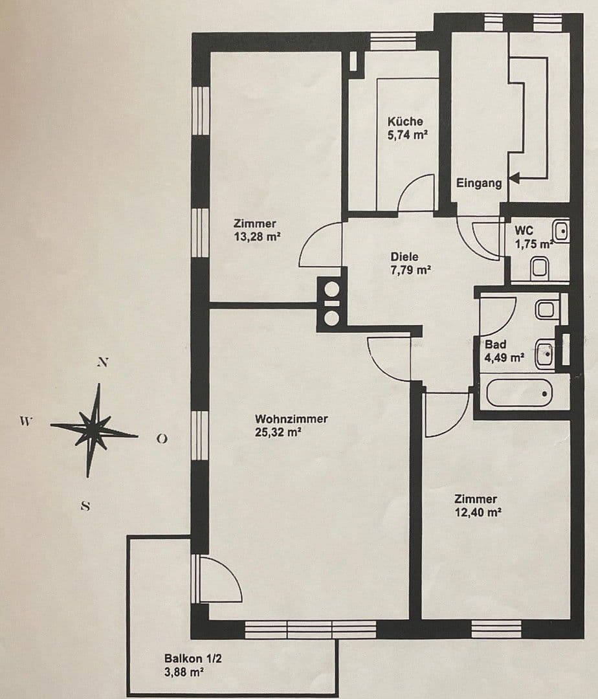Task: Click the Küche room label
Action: (405, 121)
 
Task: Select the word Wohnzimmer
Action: (291, 419)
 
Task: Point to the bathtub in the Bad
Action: (519, 393)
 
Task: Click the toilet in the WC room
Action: (539, 267)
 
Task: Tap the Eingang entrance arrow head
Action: (515, 176)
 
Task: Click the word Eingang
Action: (479, 183)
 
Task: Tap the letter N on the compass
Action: (102, 362)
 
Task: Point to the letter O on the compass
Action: (162, 439)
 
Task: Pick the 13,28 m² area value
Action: (257, 236)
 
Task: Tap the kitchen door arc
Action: (416, 192)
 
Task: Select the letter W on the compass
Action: (25, 421)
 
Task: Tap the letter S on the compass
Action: (85, 506)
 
